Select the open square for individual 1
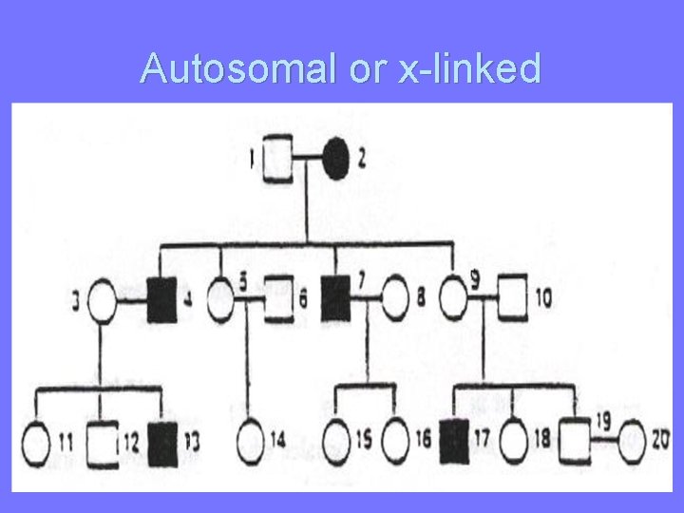(x=276, y=159)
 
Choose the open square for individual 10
(x=514, y=299)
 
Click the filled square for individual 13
(x=164, y=443)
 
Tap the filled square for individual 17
(x=454, y=443)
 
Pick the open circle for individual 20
(x=634, y=441)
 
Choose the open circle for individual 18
(x=512, y=443)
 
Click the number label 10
(x=542, y=298)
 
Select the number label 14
(x=277, y=440)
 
